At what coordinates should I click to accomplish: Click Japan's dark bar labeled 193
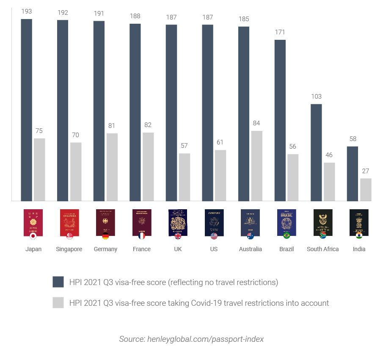click(27, 110)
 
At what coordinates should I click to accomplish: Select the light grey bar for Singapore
click(76, 172)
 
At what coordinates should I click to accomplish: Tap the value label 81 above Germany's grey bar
click(112, 126)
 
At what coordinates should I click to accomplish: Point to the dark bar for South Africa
click(316, 152)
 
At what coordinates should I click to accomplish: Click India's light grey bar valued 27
click(366, 189)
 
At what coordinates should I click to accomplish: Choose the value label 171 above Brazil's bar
click(280, 32)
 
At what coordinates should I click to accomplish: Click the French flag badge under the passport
click(142, 236)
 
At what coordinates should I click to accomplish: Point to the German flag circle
click(105, 236)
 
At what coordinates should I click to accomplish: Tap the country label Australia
click(250, 249)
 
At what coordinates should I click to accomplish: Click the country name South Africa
click(322, 249)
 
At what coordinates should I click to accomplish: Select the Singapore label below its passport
click(69, 249)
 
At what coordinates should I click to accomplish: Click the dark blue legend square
click(58, 282)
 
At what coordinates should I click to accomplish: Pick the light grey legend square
click(58, 303)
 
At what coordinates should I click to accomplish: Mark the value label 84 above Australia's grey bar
click(256, 123)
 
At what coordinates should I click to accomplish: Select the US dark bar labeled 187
click(207, 113)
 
